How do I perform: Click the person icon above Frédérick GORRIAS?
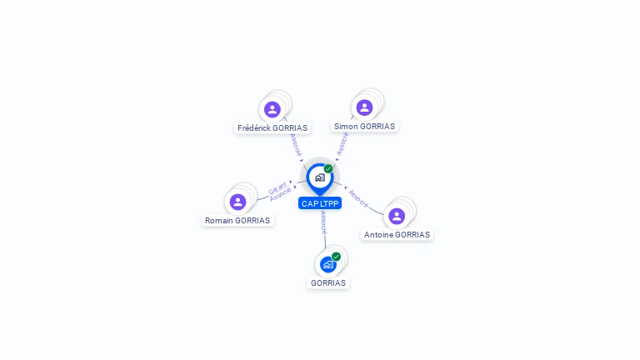coord(272,109)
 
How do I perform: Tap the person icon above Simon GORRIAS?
coord(364,107)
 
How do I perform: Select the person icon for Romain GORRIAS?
coord(237,202)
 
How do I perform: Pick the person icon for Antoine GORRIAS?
coord(397,216)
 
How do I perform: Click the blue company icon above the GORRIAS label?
coord(328,264)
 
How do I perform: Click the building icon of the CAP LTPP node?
coord(319,177)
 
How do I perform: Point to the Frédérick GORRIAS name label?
coord(272,128)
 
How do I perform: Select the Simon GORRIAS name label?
coord(365,127)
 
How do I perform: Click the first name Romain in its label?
coord(219,221)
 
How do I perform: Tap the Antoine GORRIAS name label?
coord(397,235)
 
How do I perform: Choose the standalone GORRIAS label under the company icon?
coord(328,282)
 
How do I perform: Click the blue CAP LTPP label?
coord(320,203)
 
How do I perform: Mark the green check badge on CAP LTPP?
coord(328,169)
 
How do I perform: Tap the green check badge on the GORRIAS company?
coord(336,257)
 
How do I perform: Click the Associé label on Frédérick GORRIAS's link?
coord(295,145)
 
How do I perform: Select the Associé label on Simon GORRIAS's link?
coord(342,143)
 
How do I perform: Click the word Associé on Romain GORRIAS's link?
coord(281,194)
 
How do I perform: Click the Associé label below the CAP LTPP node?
coord(322,222)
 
